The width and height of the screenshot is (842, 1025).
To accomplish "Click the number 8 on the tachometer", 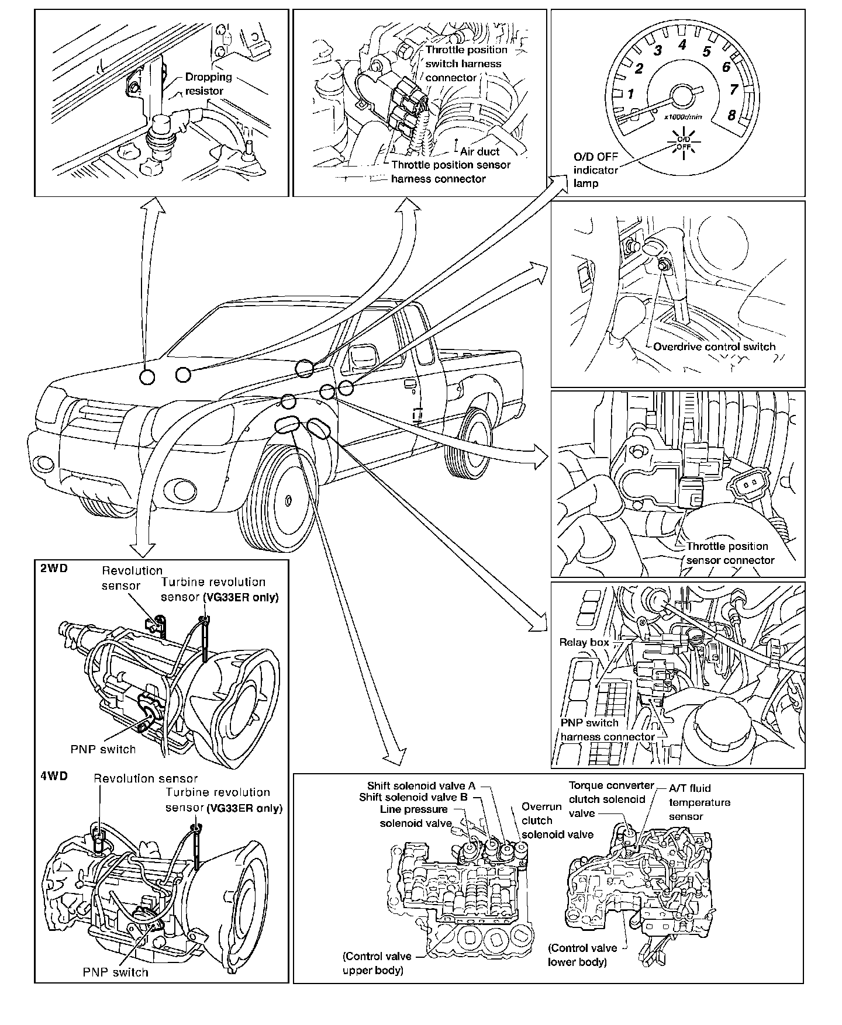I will pos(731,115).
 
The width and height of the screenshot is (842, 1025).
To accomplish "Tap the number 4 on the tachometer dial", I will pos(682,44).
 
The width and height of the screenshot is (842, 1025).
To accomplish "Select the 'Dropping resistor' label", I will pos(208,84).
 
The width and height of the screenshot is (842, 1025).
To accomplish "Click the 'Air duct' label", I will pos(479,151).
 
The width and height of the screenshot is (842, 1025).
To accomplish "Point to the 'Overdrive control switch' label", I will pos(714,347).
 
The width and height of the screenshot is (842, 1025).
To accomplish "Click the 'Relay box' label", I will pos(584,642).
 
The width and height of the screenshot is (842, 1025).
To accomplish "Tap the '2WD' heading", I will pos(54,567).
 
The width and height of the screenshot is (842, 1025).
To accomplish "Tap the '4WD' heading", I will pos(54,775).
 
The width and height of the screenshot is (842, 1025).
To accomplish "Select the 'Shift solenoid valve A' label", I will pos(421,786).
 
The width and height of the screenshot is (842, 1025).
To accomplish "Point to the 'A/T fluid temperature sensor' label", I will pos(699,802).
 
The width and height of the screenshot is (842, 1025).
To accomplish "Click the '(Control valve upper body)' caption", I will pos(377,963).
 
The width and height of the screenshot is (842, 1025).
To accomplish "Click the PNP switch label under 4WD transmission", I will pos(115,972).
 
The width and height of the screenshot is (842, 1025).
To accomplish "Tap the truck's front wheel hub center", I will pos(289,500).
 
